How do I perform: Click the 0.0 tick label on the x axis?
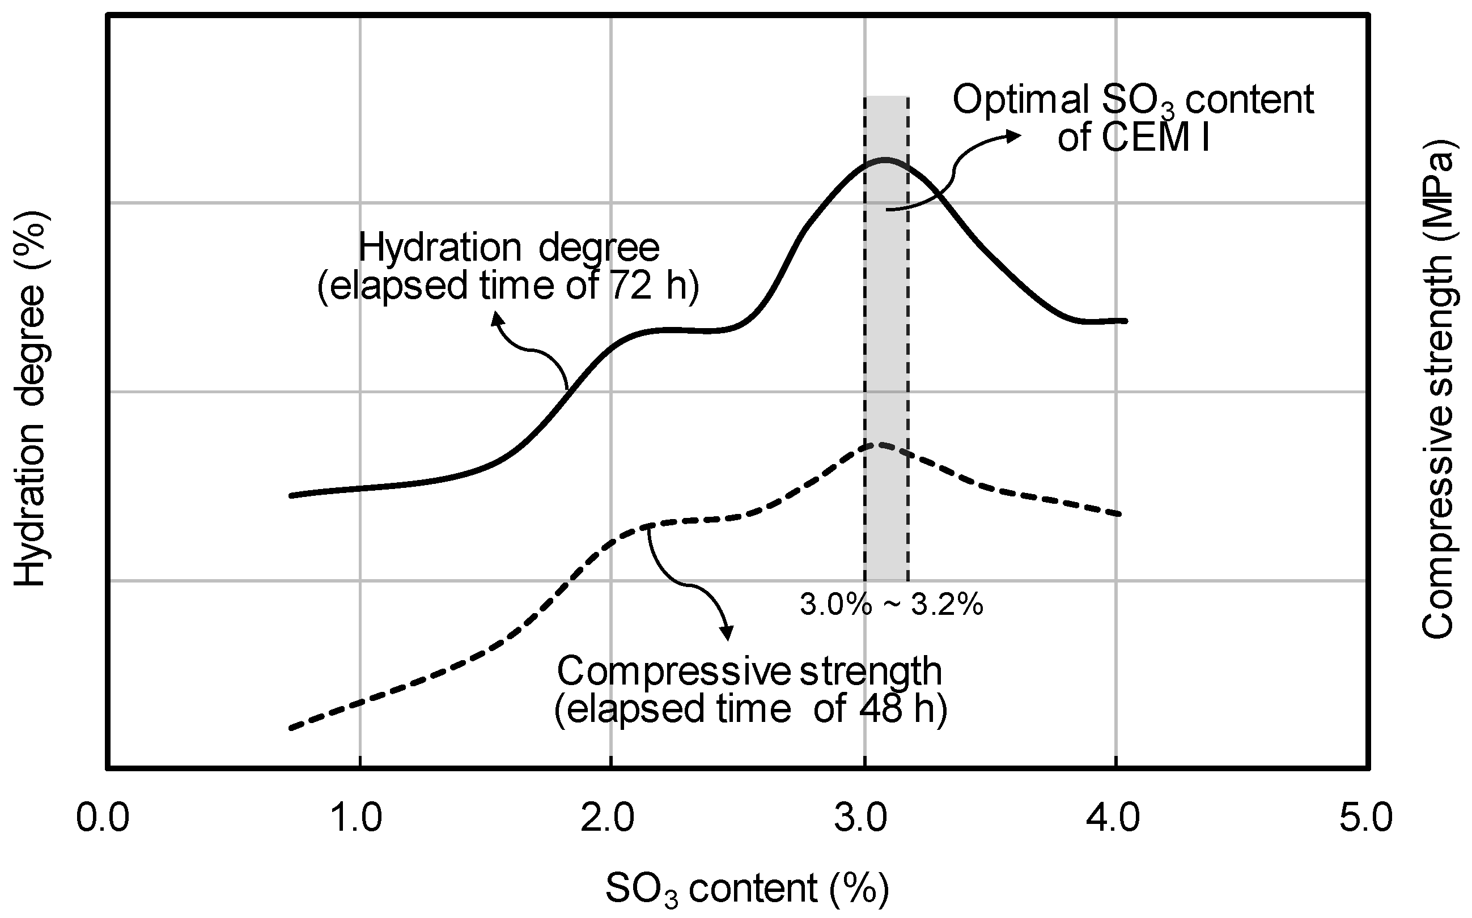(102, 818)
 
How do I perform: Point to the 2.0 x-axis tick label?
(607, 818)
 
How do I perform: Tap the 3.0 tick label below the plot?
(860, 818)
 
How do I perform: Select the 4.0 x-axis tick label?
(1113, 818)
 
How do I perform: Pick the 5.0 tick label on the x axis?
(1366, 818)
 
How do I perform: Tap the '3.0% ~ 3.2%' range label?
(891, 605)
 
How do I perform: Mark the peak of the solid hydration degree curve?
(885, 160)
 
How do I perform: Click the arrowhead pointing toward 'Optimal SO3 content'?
(1014, 135)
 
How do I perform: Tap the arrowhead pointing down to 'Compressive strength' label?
(726, 634)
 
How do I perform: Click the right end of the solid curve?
(1125, 321)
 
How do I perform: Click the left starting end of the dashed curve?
(291, 728)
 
